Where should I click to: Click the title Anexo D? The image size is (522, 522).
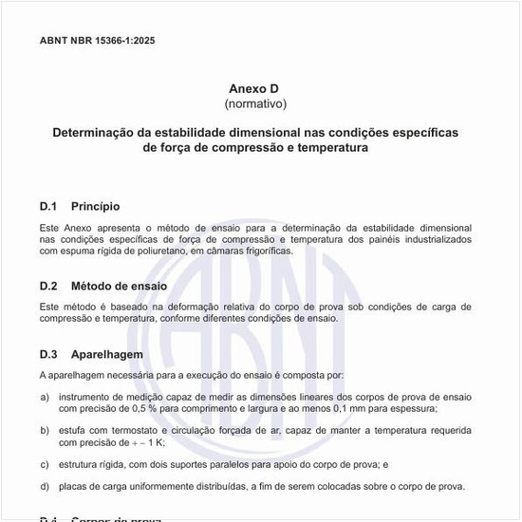tap(255, 87)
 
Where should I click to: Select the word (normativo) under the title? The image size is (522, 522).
tap(255, 103)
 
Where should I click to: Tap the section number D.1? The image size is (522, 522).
tap(49, 206)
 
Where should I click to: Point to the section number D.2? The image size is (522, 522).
tap(49, 286)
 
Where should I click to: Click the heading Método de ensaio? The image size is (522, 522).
tap(119, 286)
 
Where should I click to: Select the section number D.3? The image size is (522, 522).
tap(49, 354)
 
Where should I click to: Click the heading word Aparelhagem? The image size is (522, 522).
tap(106, 354)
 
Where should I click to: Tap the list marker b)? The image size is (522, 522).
tap(45, 430)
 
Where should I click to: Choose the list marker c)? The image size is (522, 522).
tap(45, 464)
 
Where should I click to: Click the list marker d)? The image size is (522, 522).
tap(45, 487)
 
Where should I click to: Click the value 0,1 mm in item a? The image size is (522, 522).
tap(355, 408)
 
